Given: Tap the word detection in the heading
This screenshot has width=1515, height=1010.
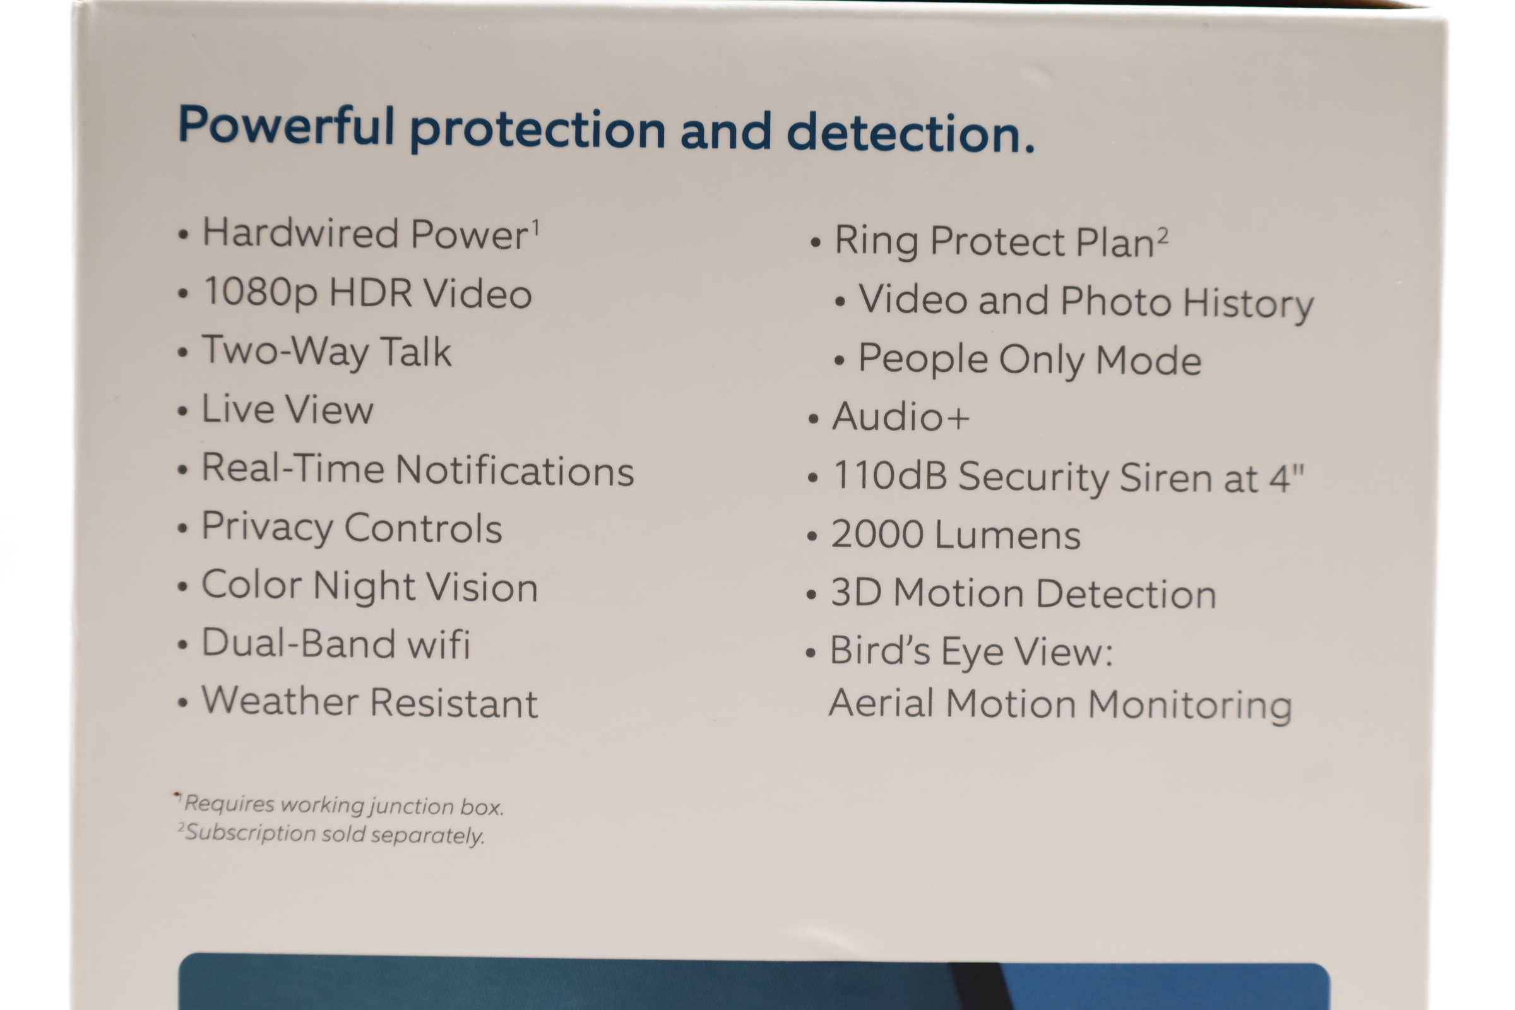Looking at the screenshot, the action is coord(910,132).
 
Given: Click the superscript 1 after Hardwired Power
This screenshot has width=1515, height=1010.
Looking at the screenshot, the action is coord(535,227).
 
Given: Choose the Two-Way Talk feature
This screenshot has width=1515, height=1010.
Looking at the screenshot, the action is coord(326,352).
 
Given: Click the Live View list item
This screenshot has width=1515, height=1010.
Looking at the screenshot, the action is coord(287,409).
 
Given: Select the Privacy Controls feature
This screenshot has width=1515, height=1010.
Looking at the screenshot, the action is coord(352,528).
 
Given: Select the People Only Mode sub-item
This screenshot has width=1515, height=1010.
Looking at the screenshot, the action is coord(1030,359).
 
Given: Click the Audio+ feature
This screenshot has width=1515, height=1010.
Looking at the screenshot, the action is coord(901,416).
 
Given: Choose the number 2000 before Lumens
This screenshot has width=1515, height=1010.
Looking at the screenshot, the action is coord(877,534).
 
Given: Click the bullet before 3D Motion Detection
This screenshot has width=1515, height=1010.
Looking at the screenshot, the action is coord(812,595).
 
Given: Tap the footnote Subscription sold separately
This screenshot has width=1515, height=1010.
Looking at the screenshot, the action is coord(331,833).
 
